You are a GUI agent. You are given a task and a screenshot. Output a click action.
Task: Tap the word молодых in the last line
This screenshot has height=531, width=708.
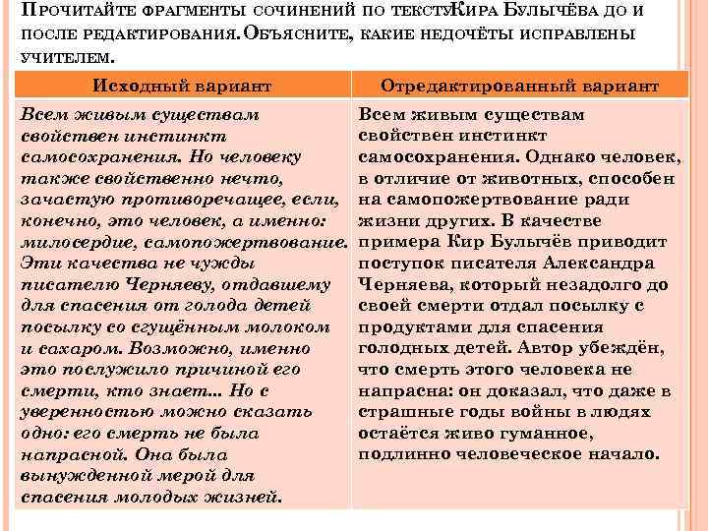tap(161, 498)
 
